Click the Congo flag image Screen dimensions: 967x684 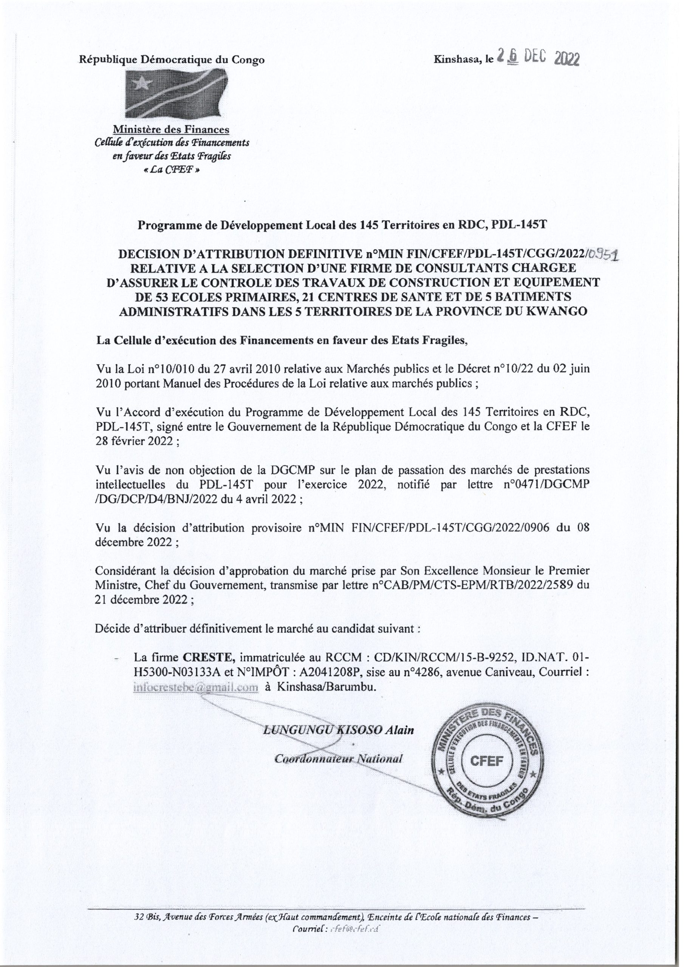176,94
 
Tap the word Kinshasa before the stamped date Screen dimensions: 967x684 457,60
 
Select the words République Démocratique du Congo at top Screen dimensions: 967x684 172,60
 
